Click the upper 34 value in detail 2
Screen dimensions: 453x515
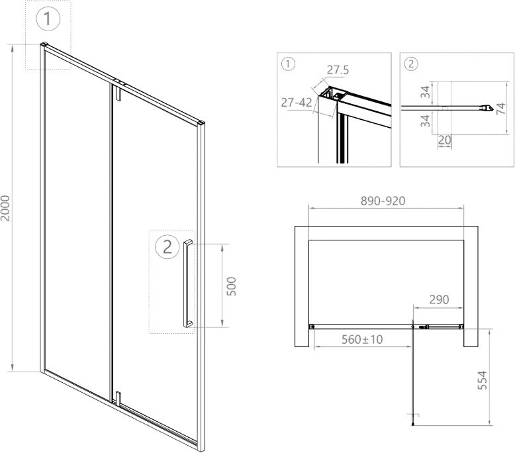[x=426, y=91]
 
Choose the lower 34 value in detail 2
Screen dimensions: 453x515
[x=426, y=121]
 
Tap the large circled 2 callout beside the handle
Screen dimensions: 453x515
[x=167, y=247]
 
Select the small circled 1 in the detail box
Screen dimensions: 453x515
[x=287, y=64]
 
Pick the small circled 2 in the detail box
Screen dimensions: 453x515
[x=411, y=64]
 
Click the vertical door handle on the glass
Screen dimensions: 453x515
[x=188, y=283]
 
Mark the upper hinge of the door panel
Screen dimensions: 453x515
[x=117, y=93]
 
